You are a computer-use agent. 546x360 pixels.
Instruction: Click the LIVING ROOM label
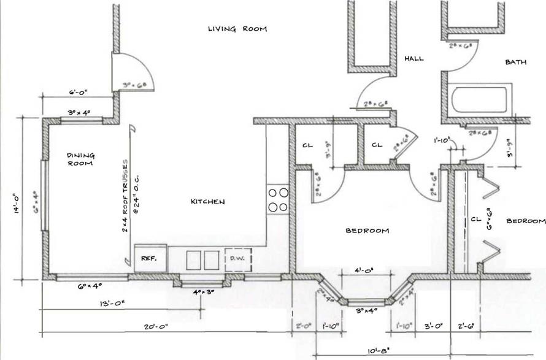tap(237, 29)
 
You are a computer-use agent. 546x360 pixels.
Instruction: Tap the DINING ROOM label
tap(80, 159)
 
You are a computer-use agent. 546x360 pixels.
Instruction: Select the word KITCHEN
tap(207, 201)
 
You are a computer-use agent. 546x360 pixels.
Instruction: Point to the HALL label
tap(414, 58)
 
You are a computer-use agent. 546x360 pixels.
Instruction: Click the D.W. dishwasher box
tap(237, 259)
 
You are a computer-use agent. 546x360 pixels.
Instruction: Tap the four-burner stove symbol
tap(278, 199)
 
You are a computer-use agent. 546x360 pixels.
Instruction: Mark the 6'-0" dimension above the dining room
tap(79, 92)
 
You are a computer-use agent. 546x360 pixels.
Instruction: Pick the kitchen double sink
tap(203, 259)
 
